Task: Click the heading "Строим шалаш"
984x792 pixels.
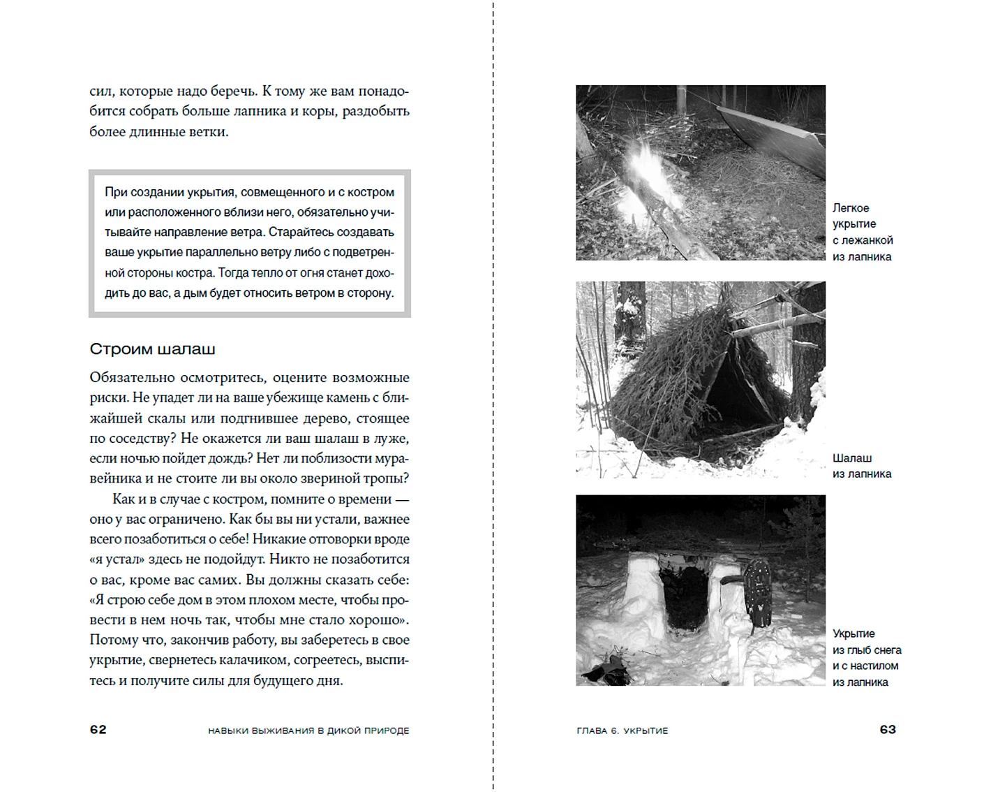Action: (x=152, y=349)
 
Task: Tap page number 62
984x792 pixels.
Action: (x=98, y=729)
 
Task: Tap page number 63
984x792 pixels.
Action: (x=888, y=729)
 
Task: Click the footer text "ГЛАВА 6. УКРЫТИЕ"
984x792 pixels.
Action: (x=623, y=731)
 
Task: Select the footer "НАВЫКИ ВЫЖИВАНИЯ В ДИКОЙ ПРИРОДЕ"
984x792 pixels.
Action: (x=308, y=731)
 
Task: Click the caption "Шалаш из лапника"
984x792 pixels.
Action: (x=861, y=466)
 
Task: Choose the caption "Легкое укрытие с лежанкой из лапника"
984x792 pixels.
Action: (x=863, y=232)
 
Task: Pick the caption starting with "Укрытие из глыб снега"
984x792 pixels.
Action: (x=866, y=657)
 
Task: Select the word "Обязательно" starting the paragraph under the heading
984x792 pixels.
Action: (x=132, y=378)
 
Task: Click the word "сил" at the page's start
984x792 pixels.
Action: (x=101, y=91)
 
